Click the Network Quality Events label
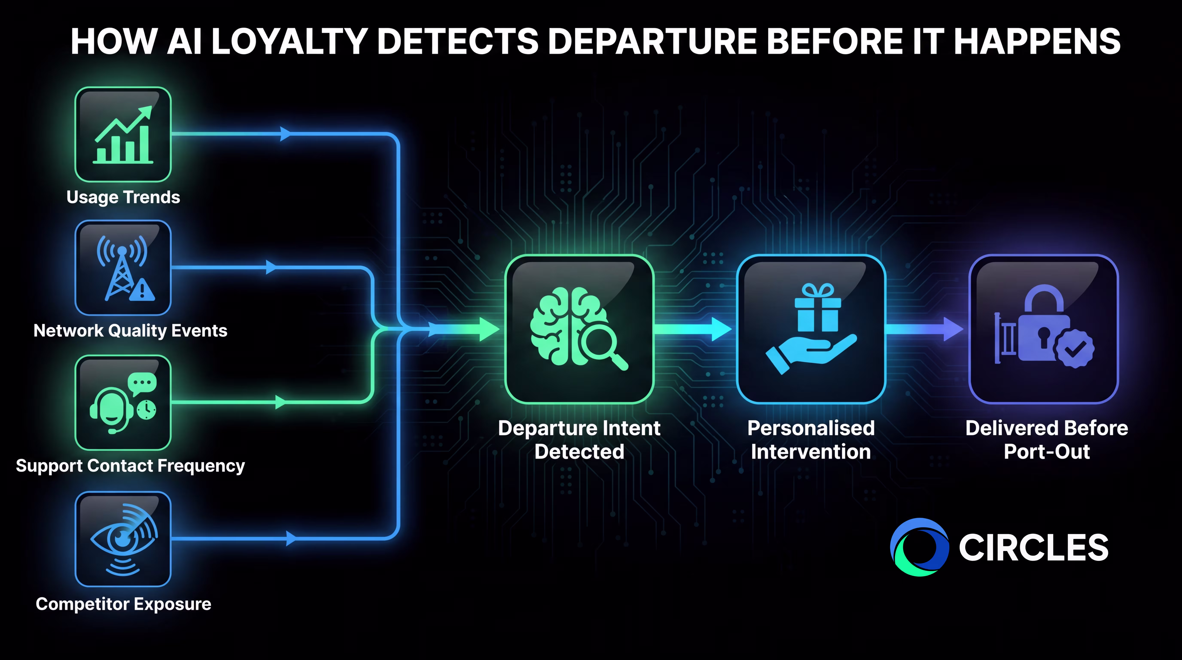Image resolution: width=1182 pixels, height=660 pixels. pos(130,330)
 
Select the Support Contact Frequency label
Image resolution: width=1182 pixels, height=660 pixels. pos(130,466)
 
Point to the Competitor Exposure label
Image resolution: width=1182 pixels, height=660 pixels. pos(123,604)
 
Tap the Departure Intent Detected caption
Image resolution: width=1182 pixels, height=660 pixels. pos(580,440)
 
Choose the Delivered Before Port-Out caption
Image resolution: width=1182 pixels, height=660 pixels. pos(1047,440)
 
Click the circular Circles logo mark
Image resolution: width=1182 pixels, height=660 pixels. pos(919,547)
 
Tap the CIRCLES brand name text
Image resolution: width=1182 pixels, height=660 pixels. pos(1033,548)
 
